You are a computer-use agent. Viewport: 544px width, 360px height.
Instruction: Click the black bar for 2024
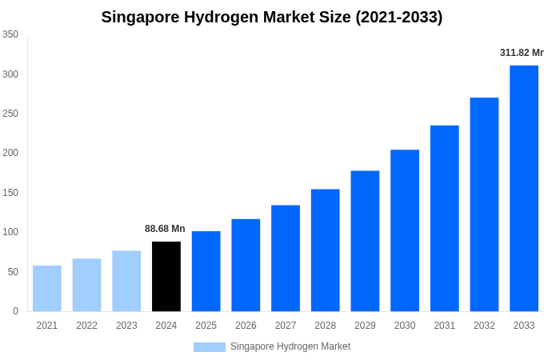[166, 276]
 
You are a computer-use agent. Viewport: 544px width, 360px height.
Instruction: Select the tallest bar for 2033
[524, 188]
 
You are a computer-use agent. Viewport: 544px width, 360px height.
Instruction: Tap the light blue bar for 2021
[47, 288]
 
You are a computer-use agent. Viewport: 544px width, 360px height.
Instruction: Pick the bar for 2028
[326, 250]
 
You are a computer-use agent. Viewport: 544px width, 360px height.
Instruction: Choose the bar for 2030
[405, 230]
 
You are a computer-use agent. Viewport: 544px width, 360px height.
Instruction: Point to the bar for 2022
[86, 285]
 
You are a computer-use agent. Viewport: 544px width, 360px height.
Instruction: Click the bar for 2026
[246, 265]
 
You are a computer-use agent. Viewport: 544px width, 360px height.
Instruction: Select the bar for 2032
[484, 204]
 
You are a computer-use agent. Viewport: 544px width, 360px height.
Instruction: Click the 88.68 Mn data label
[165, 229]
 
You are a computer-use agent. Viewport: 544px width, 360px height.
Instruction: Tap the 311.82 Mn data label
[522, 53]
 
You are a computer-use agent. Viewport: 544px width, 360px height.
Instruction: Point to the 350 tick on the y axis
[10, 34]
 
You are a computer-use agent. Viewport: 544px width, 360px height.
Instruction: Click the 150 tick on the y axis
[10, 193]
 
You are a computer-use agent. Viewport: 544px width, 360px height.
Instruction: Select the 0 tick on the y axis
[15, 311]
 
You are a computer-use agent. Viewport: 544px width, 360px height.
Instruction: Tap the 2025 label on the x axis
[206, 326]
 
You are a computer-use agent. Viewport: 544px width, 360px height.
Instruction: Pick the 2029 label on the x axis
[365, 326]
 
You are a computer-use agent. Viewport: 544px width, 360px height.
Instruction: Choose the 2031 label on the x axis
[445, 326]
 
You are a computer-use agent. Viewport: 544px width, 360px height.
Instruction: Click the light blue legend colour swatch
[209, 347]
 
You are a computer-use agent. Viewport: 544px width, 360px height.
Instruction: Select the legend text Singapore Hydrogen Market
[290, 346]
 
